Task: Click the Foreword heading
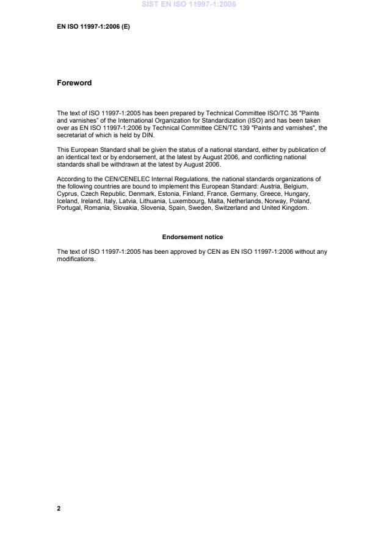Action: coord(74,83)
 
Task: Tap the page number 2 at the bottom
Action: coord(59,508)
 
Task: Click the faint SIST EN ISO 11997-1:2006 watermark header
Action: coord(189,4)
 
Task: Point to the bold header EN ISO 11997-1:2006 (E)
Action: coord(93,26)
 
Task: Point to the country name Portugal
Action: coord(68,208)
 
